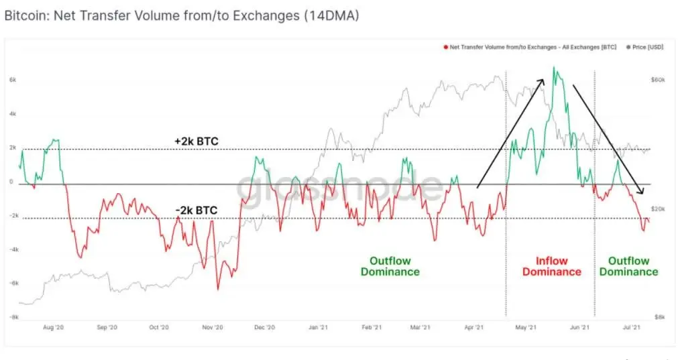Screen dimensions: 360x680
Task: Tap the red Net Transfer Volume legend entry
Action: click(x=530, y=47)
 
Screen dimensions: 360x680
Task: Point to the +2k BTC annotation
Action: click(x=196, y=141)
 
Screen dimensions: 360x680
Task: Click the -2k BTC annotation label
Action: click(x=196, y=211)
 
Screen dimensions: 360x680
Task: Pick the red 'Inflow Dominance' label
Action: click(x=551, y=266)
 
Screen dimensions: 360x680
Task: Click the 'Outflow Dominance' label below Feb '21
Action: click(x=390, y=266)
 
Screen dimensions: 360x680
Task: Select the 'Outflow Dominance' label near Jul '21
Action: click(x=628, y=266)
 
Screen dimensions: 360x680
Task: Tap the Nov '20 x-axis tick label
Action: click(x=212, y=327)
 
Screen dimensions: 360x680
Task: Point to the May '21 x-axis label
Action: click(x=526, y=327)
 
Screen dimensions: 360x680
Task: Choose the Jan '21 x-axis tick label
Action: click(x=317, y=327)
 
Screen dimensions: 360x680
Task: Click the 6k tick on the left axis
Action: click(x=12, y=80)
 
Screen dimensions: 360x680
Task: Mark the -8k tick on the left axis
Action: click(x=12, y=317)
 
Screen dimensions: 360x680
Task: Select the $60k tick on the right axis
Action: click(x=657, y=80)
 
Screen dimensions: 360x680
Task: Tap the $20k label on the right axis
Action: click(x=657, y=209)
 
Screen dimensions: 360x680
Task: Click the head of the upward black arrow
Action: click(x=543, y=78)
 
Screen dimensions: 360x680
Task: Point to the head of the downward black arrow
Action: click(x=642, y=193)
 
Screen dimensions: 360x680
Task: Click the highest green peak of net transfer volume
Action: click(x=554, y=67)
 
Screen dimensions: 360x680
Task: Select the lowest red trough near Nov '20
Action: click(x=217, y=290)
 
